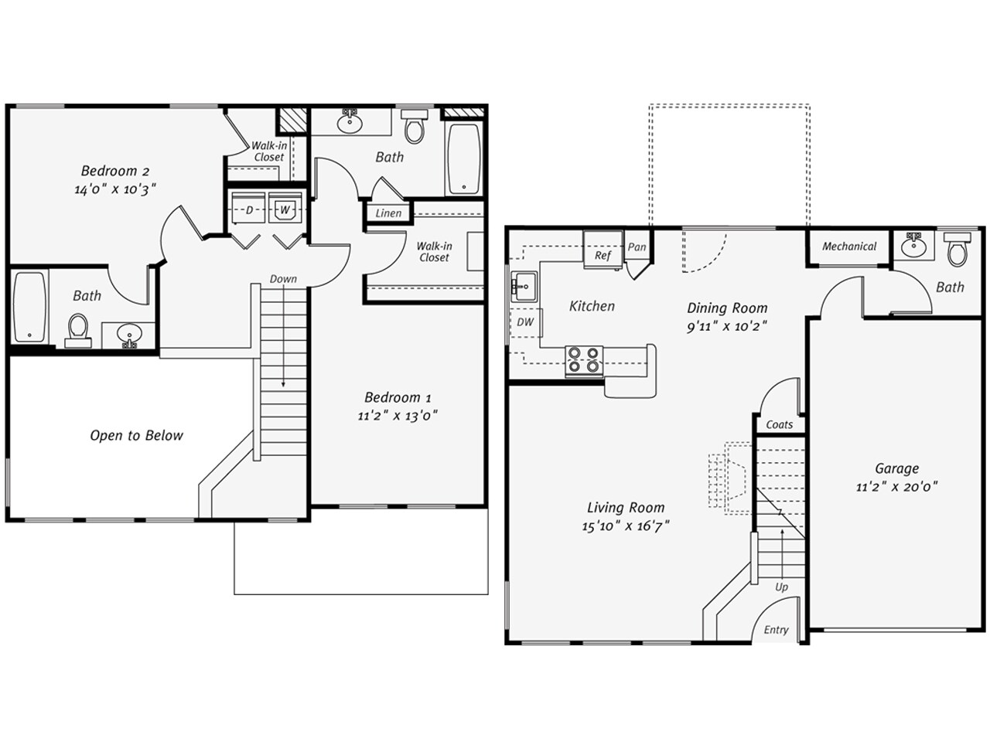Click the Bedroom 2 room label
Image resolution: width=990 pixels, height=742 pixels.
(115, 171)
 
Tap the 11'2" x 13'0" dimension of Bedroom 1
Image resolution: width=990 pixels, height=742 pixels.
(398, 415)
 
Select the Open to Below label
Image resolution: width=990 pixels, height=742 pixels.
(136, 435)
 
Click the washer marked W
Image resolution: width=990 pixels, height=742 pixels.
(285, 209)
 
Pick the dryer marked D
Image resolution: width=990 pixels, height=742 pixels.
(249, 209)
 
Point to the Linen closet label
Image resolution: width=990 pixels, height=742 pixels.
(388, 213)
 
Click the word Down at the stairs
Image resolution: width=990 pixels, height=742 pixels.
(283, 279)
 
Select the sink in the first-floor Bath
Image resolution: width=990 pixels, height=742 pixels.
(915, 246)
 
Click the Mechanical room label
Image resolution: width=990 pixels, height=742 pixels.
(848, 247)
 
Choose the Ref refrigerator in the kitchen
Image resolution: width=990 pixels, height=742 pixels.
(603, 254)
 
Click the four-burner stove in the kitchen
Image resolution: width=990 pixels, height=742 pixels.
(584, 360)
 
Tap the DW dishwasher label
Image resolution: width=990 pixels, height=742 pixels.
(525, 322)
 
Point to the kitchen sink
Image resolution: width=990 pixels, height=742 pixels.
(523, 287)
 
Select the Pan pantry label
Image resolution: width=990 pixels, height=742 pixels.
(637, 247)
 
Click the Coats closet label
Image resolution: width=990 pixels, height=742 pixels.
(779, 424)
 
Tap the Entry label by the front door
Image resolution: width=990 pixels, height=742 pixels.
(776, 630)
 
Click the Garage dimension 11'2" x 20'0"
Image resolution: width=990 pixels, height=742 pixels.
(896, 487)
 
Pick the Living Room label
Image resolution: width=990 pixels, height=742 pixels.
(626, 508)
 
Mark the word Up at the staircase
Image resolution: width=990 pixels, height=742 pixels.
(781, 587)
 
